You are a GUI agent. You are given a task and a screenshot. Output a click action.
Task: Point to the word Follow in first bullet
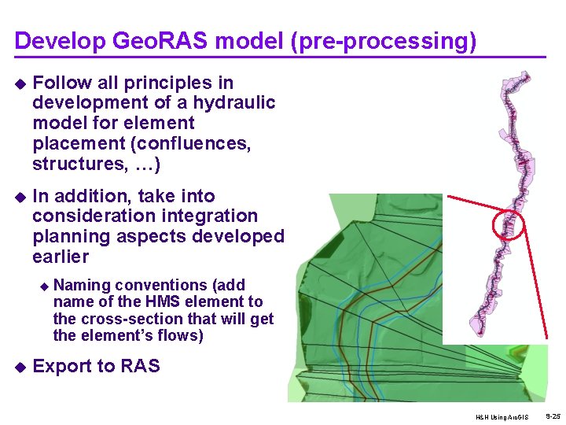tap(58, 83)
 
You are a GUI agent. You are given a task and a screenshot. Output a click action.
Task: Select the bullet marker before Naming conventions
tap(44, 286)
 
